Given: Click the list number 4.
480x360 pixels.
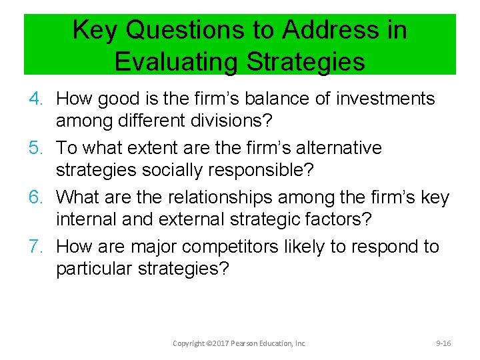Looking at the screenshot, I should (x=37, y=99).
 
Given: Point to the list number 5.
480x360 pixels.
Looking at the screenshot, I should (x=37, y=148).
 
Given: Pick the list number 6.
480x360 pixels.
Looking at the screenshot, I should (x=37, y=197).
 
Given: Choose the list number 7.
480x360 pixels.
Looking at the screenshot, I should (x=37, y=247).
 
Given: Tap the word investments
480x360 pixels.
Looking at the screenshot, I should (x=385, y=99).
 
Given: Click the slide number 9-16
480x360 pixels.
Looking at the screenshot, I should (x=443, y=343).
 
